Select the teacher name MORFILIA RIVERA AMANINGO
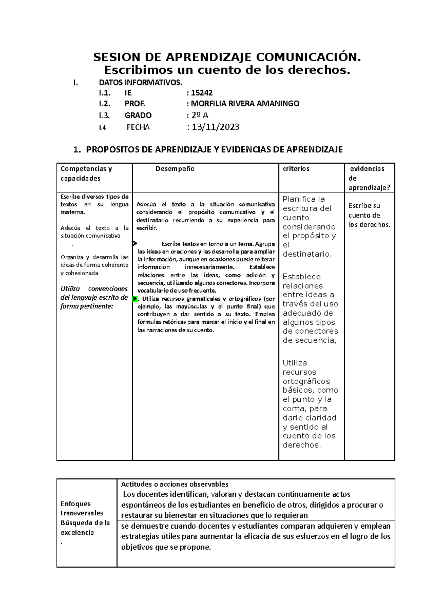tap(245, 104)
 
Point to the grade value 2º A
tap(200, 115)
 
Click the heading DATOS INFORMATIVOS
tap(141, 83)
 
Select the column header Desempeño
tap(175, 169)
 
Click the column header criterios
tap(296, 169)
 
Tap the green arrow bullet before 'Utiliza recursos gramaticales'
tap(135, 299)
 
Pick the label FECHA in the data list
tap(138, 128)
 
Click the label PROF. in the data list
tap(135, 104)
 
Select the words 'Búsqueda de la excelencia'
tap(85, 528)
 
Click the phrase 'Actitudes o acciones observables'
tap(175, 484)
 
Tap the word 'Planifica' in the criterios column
tap(299, 199)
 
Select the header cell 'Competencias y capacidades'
tap(86, 173)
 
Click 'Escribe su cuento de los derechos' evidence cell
tap(369, 215)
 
